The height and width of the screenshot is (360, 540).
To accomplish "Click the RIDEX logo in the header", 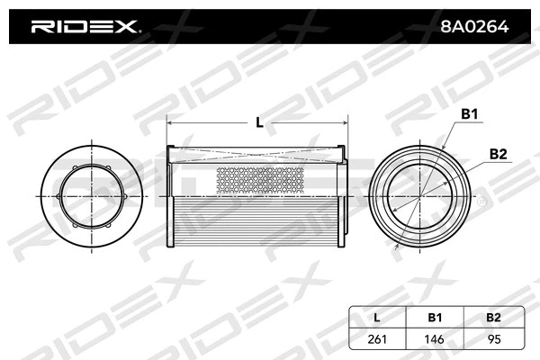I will pos(85,27).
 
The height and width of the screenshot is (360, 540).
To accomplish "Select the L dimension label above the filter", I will pos(259,121).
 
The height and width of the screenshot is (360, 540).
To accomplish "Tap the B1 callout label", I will pos(469,114).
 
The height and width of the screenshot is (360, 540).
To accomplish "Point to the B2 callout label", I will pos(498,154).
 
